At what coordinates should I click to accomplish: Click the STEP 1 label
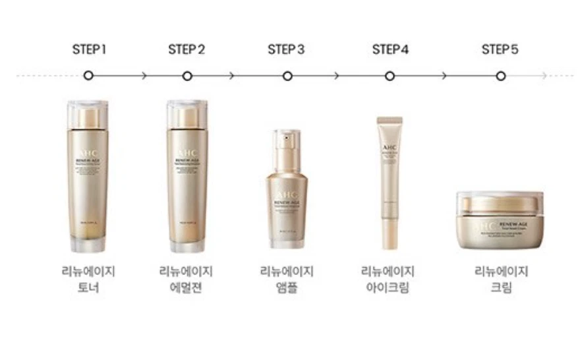[x=89, y=49]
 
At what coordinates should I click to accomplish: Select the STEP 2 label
[x=187, y=49]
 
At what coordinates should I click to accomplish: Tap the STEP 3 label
[x=286, y=49]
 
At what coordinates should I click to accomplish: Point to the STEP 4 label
[x=390, y=49]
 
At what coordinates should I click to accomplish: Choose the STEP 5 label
[x=500, y=49]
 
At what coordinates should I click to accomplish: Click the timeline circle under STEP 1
[x=88, y=76]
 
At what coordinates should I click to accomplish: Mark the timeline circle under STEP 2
[x=187, y=76]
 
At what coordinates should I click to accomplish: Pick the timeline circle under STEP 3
[x=287, y=76]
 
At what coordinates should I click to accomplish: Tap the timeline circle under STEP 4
[x=390, y=76]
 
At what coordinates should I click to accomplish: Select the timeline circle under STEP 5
[x=501, y=76]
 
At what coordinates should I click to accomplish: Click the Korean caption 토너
[x=88, y=288]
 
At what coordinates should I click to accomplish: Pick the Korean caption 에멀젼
[x=187, y=288]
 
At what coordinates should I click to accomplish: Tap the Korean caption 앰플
[x=287, y=288]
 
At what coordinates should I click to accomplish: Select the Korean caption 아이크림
[x=388, y=288]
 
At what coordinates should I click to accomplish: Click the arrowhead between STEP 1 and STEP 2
[x=144, y=76]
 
